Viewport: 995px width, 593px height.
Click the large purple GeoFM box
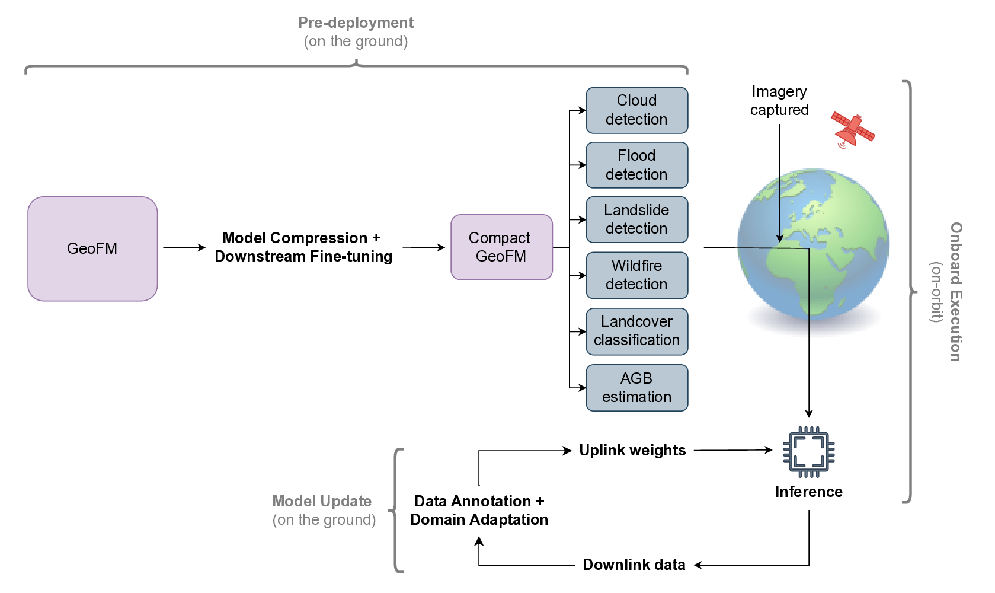click(92, 248)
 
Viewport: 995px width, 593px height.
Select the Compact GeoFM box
click(501, 247)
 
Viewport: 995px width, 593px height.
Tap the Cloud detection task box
click(636, 110)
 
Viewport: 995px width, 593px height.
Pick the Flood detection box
click(636, 165)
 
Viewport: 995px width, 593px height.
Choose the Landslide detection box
click(636, 219)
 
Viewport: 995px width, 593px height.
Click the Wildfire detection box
click(636, 275)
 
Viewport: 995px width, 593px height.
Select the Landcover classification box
click(636, 331)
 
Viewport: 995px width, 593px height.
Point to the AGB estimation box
click(636, 387)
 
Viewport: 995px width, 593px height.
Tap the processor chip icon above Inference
click(808, 452)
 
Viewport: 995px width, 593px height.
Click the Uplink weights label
click(632, 451)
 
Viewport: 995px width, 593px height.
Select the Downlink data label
click(634, 565)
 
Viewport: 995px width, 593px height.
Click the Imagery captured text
click(779, 101)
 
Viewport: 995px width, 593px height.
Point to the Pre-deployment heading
click(356, 23)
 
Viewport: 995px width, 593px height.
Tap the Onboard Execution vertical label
click(955, 292)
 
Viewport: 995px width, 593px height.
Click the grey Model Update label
click(322, 502)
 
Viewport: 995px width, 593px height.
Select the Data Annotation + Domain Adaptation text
click(479, 511)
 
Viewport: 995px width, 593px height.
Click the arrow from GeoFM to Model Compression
click(184, 247)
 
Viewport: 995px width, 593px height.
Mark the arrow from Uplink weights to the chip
click(733, 450)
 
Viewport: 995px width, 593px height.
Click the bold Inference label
click(808, 492)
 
